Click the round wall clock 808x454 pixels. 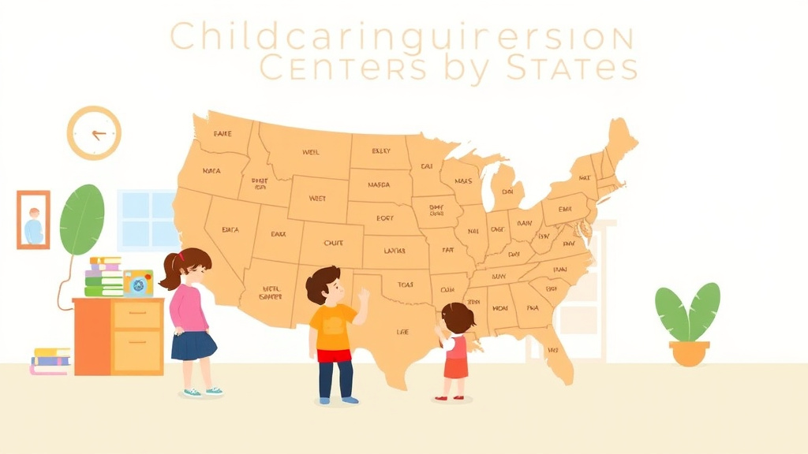pos(94,133)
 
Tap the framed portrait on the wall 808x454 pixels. pos(33,220)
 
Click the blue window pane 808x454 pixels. pos(147,220)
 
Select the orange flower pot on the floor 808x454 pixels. pos(689,352)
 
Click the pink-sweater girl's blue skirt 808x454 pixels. pos(193,345)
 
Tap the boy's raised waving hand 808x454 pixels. pos(363,298)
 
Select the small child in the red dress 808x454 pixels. pos(455,351)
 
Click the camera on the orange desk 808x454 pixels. pos(138,284)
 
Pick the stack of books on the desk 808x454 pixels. pos(104,277)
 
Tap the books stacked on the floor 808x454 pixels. pos(50,361)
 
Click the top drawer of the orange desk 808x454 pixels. pos(137,315)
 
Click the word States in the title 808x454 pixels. pos(572,67)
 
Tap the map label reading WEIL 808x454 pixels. pos(311,152)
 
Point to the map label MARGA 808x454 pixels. pos(379,186)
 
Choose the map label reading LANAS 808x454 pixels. pos(395,251)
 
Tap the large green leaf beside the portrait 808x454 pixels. pos(82,220)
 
